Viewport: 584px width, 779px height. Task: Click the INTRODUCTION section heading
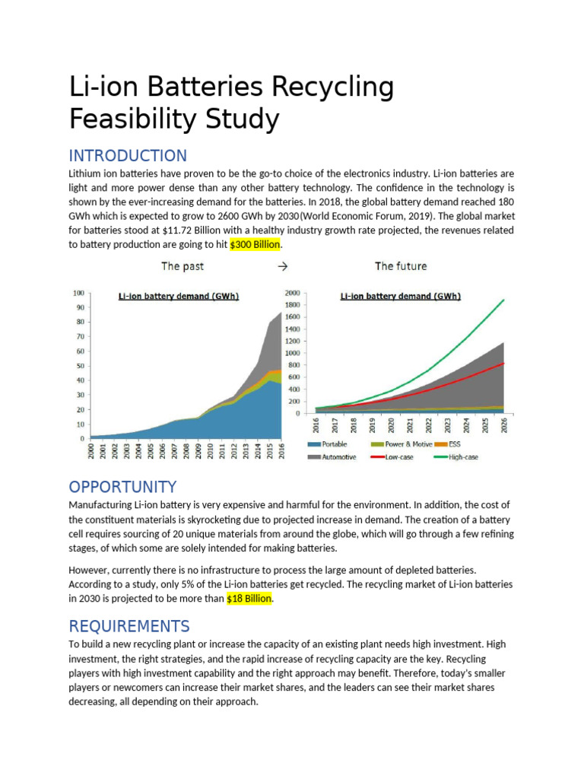pyautogui.click(x=128, y=156)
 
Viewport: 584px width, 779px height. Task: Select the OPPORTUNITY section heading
pyautogui.click(x=122, y=487)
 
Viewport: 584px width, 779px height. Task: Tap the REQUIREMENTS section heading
pyautogui.click(x=129, y=626)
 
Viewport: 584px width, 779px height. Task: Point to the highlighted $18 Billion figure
pyautogui.click(x=249, y=599)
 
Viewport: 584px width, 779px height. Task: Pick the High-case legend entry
pyautogui.click(x=462, y=457)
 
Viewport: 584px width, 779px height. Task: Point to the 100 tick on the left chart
pyautogui.click(x=78, y=293)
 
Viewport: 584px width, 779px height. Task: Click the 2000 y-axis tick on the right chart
pyautogui.click(x=292, y=293)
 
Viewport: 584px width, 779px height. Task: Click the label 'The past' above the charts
pyautogui.click(x=182, y=266)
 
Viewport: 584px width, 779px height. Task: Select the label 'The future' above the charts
pyautogui.click(x=401, y=266)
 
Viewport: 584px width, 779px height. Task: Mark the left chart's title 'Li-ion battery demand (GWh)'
pyautogui.click(x=178, y=297)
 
